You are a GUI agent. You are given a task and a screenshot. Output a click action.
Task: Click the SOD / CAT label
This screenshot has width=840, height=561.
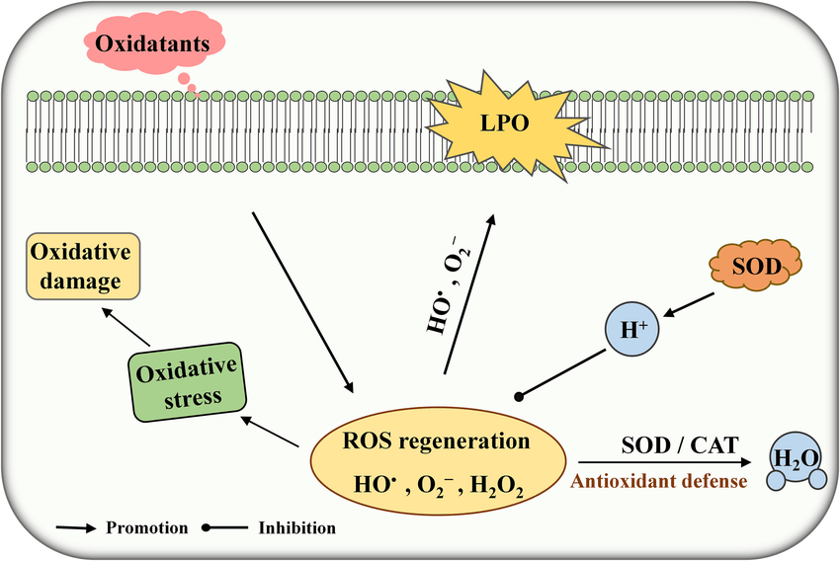pos(677,445)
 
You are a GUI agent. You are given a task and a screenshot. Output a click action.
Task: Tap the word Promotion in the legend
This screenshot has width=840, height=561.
pos(147,527)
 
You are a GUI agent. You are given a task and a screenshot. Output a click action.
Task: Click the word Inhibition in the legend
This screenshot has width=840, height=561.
pos(297,527)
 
